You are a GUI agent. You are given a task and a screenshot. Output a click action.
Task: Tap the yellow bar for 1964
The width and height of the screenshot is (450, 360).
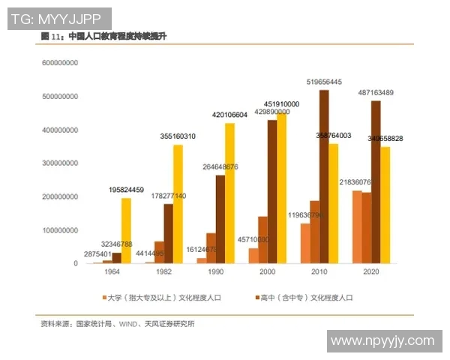(126, 230)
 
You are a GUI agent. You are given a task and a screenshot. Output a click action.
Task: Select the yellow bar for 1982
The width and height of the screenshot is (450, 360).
(178, 204)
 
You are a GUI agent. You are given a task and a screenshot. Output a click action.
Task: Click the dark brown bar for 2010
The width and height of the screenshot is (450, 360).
(323, 177)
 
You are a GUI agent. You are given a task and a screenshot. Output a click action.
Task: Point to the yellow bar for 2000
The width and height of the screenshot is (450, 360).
(282, 188)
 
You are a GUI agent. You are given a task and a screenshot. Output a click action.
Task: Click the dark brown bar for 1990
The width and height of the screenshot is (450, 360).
(220, 219)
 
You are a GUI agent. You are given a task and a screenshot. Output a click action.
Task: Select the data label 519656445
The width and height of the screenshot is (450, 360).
(324, 82)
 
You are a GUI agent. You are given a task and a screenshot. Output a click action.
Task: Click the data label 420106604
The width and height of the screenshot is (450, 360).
(229, 115)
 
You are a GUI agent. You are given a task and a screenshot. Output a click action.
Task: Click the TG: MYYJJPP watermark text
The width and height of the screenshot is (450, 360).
(59, 17)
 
